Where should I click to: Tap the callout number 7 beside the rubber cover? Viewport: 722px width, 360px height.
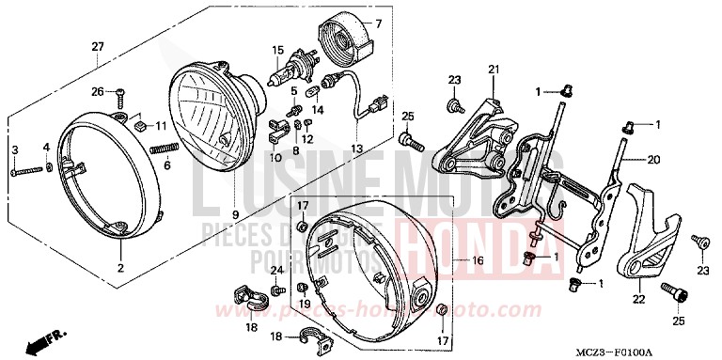(x=379, y=23)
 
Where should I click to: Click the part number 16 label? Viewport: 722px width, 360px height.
(x=477, y=234)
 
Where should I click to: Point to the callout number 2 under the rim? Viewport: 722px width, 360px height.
(x=120, y=268)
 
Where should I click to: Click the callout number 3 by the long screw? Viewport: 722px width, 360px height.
(x=15, y=150)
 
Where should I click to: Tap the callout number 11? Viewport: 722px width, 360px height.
(x=160, y=126)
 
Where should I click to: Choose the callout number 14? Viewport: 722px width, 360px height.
(x=318, y=110)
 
